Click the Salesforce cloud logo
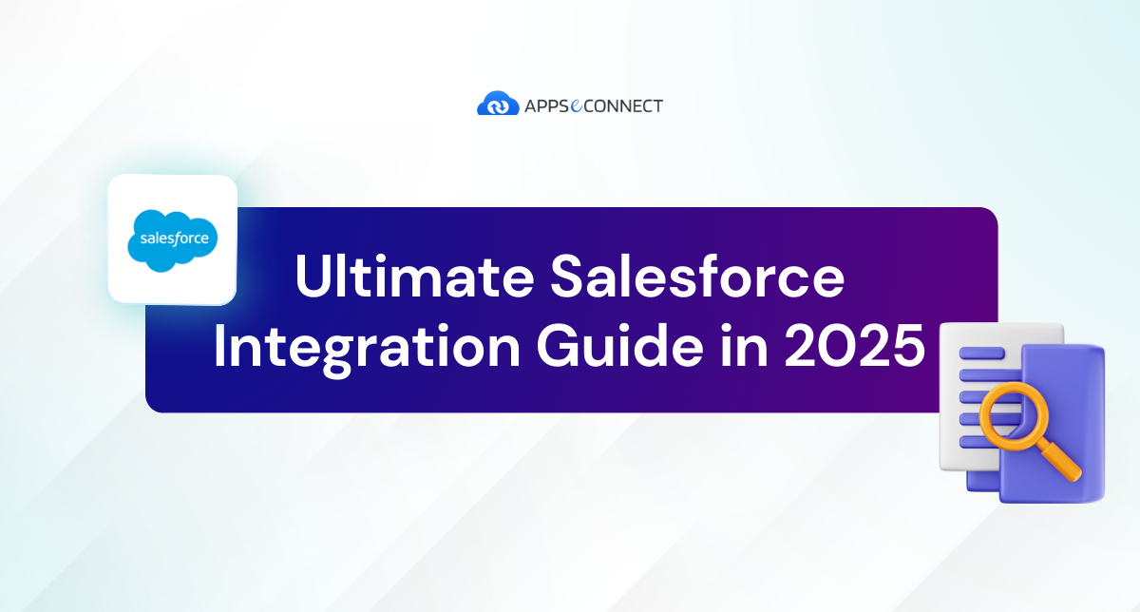pyautogui.click(x=173, y=239)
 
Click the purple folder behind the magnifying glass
pyautogui.click(x=1073, y=399)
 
